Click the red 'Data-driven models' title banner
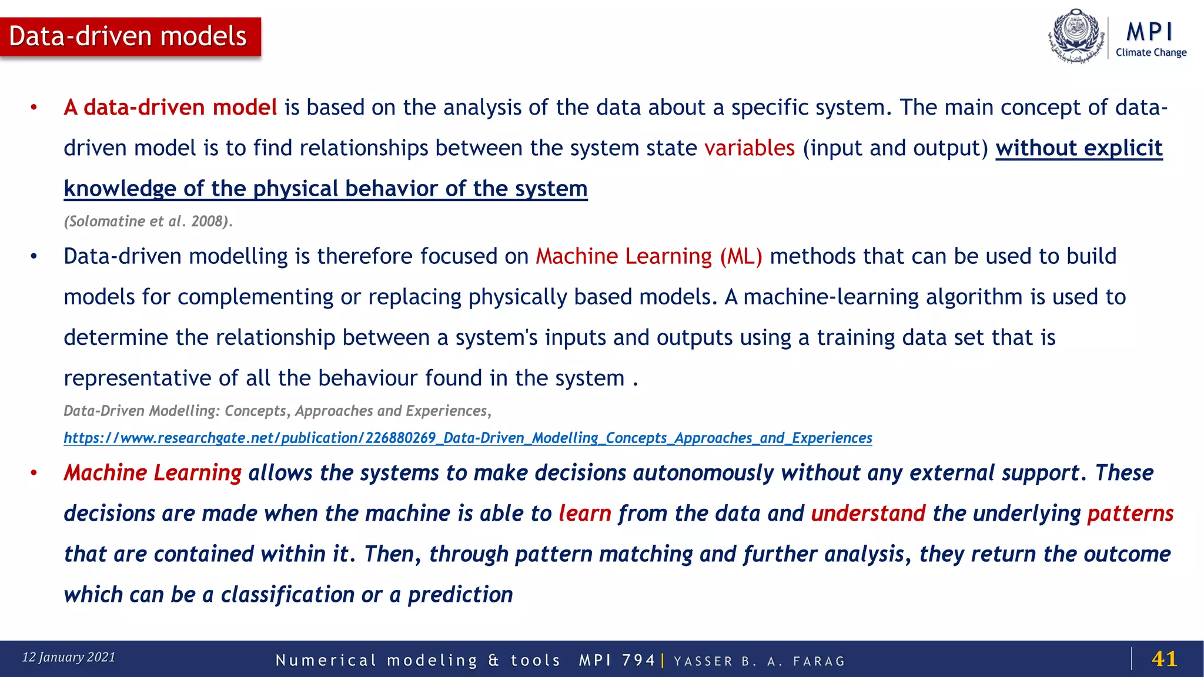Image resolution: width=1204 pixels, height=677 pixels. pos(130,36)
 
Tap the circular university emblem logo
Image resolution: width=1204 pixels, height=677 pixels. pos(1076,35)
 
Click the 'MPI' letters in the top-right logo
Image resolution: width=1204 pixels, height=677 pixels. pos(1150,32)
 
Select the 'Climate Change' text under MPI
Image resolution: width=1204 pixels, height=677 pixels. pos(1151,52)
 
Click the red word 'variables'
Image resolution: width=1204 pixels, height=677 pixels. pos(750,148)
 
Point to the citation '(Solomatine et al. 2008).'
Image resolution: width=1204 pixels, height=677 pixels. pos(148,222)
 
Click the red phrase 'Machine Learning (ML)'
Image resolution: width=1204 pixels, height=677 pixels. pos(648,256)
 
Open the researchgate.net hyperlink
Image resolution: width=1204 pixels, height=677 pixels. pos(467,438)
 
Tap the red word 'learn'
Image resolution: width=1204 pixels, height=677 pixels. pos(584,514)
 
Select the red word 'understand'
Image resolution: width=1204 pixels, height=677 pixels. pos(868,514)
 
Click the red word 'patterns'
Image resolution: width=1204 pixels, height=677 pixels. pos(1130,514)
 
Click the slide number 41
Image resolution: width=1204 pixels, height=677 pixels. pos(1164,659)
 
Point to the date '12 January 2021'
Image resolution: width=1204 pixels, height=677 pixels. pos(69,657)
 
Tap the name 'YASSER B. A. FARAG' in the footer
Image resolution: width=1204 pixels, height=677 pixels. pos(759,661)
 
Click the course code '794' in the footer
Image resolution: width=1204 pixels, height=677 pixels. pos(638,661)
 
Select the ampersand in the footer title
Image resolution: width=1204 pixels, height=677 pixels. pos(493,661)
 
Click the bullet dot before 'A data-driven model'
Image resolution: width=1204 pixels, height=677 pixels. pos(34,108)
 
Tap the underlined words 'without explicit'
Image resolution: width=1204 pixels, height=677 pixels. pos(1079,148)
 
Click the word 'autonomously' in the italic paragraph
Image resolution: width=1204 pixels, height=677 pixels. pos(703,473)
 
